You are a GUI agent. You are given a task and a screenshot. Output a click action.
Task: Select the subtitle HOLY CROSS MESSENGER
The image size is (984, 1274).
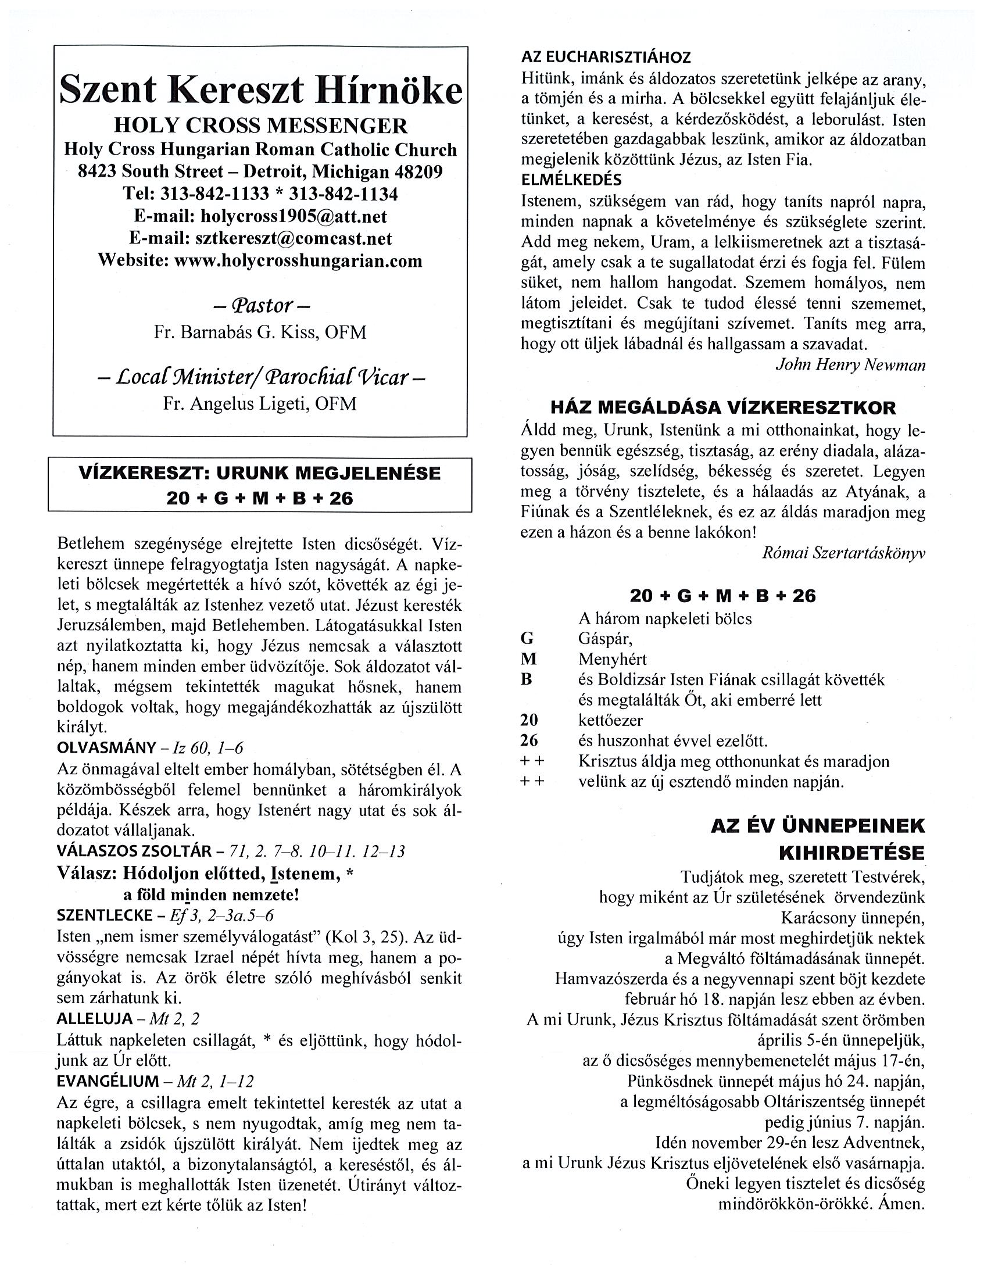(x=260, y=126)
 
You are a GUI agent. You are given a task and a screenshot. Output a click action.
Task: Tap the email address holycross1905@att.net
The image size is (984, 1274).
(x=294, y=216)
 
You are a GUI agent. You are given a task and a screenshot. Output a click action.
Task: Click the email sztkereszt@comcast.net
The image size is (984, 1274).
(x=294, y=238)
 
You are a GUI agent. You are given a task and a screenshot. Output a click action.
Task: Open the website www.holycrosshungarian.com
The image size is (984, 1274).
(x=298, y=260)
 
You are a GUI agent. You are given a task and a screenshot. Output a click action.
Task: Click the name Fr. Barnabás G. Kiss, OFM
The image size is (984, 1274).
(x=260, y=332)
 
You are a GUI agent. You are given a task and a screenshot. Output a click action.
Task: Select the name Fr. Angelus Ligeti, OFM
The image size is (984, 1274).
(x=260, y=404)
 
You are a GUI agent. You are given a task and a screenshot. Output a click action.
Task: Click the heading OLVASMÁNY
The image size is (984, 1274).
(x=107, y=748)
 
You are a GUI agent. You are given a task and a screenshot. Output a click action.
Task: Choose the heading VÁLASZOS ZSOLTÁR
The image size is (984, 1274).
(x=134, y=851)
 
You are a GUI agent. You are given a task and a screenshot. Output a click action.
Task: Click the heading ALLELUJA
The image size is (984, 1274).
(x=95, y=1019)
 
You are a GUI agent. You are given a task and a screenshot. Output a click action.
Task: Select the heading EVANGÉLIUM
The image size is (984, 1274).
(x=108, y=1082)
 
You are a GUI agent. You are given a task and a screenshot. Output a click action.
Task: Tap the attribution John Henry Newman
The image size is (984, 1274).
(x=850, y=364)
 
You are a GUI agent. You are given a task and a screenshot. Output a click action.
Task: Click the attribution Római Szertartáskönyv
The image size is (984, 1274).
(x=843, y=553)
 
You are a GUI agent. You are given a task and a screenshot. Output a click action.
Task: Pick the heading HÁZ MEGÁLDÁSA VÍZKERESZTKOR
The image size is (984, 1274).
(x=723, y=407)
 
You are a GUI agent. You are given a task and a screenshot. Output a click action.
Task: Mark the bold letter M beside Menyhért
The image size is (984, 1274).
(x=528, y=659)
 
